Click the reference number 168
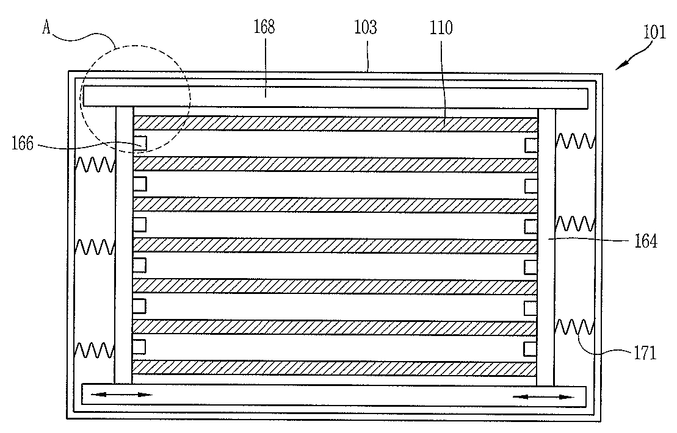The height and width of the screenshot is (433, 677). pos(266,27)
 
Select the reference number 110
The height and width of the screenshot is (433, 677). pos(441,27)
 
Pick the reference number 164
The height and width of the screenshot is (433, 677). pos(645,242)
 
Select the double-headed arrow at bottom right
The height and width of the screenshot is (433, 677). pos(543,397)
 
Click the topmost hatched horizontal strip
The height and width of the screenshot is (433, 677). pos(335,124)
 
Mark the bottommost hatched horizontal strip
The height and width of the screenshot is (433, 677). pos(335,368)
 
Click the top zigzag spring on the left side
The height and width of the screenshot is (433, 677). pos(95,164)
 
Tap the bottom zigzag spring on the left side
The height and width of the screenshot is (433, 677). pos(95,350)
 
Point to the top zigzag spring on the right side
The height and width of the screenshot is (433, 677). pos(575,142)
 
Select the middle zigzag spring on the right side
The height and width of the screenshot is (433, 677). pos(575,223)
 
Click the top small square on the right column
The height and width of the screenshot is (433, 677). pos(531,145)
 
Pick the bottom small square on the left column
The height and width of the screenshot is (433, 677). pos(140,346)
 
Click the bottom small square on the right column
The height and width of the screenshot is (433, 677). pos(531,348)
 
